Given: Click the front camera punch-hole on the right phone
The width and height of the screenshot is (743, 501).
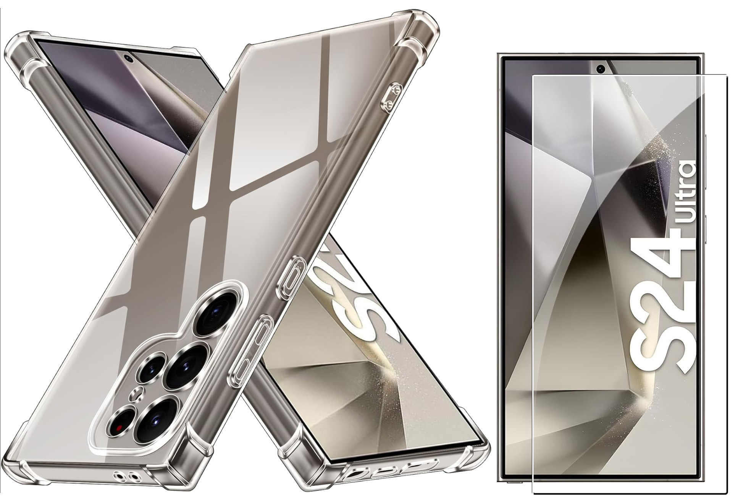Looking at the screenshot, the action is click(601, 69).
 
